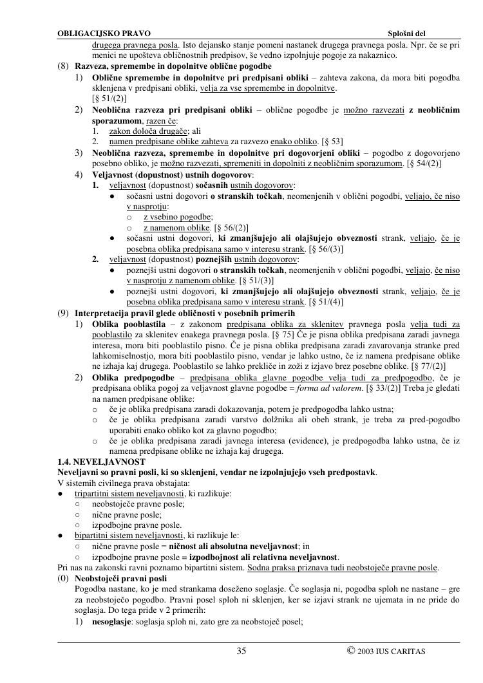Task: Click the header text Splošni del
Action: pyautogui.click(x=407, y=33)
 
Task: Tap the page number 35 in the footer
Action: pyautogui.click(x=241, y=651)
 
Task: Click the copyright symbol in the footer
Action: pyautogui.click(x=351, y=651)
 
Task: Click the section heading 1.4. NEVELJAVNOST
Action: pyautogui.click(x=101, y=462)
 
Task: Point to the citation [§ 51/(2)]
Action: pyautogui.click(x=109, y=98)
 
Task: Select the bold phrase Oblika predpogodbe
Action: pyautogui.click(x=133, y=377)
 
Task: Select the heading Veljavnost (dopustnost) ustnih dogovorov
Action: pyautogui.click(x=173, y=174)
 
